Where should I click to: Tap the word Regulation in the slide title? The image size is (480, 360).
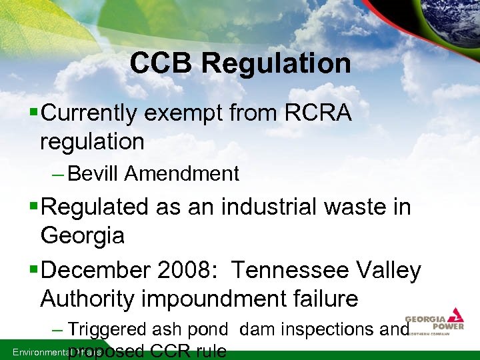(276, 63)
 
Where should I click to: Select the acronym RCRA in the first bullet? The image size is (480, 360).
(317, 113)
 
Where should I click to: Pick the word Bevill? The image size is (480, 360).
(94, 174)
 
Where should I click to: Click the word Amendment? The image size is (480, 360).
(181, 174)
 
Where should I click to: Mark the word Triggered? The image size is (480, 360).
(108, 329)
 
